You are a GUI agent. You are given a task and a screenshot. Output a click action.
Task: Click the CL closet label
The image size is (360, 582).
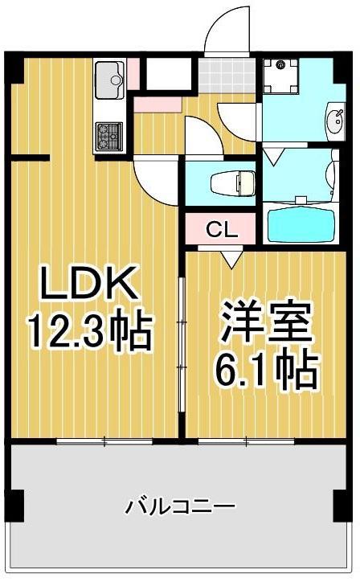[x=222, y=230]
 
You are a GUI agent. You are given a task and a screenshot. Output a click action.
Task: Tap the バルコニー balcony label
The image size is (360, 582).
[x=180, y=507]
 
